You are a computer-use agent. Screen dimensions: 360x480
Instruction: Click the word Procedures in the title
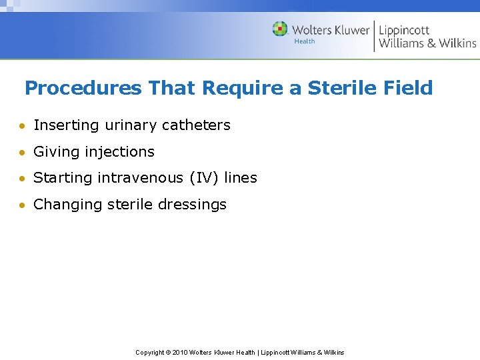[83, 87]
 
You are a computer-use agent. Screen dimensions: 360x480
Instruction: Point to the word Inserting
[66, 125]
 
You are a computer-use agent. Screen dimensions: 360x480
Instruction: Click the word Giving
[54, 152]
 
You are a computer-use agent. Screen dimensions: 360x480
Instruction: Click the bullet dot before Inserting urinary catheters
[23, 126]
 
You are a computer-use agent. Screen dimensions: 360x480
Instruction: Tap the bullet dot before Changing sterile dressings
[23, 205]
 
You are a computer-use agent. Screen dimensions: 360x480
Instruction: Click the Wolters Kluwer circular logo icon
[280, 29]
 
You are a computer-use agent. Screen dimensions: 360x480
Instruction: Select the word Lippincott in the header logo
[404, 29]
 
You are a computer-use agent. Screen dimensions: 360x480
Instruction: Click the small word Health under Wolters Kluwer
[305, 41]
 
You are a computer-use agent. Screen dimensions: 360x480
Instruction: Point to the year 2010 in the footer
[179, 353]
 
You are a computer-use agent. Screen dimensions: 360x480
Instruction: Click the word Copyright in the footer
[150, 353]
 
